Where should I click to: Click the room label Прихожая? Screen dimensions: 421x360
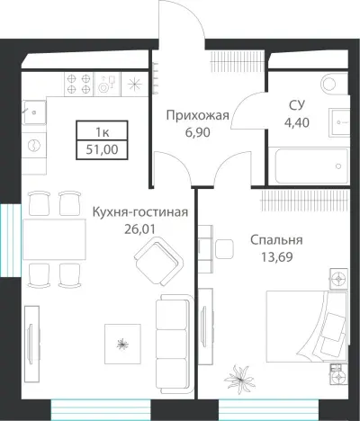click(198, 115)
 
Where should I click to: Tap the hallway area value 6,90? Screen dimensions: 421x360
click(198, 132)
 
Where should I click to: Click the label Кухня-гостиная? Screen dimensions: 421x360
click(139, 212)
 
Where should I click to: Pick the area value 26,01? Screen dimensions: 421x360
click(139, 229)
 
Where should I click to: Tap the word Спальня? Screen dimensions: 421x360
click(276, 240)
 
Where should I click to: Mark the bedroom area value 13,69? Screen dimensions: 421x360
click(276, 257)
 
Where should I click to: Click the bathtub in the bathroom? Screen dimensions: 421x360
click(308, 166)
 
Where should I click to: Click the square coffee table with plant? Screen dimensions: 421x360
click(121, 340)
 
